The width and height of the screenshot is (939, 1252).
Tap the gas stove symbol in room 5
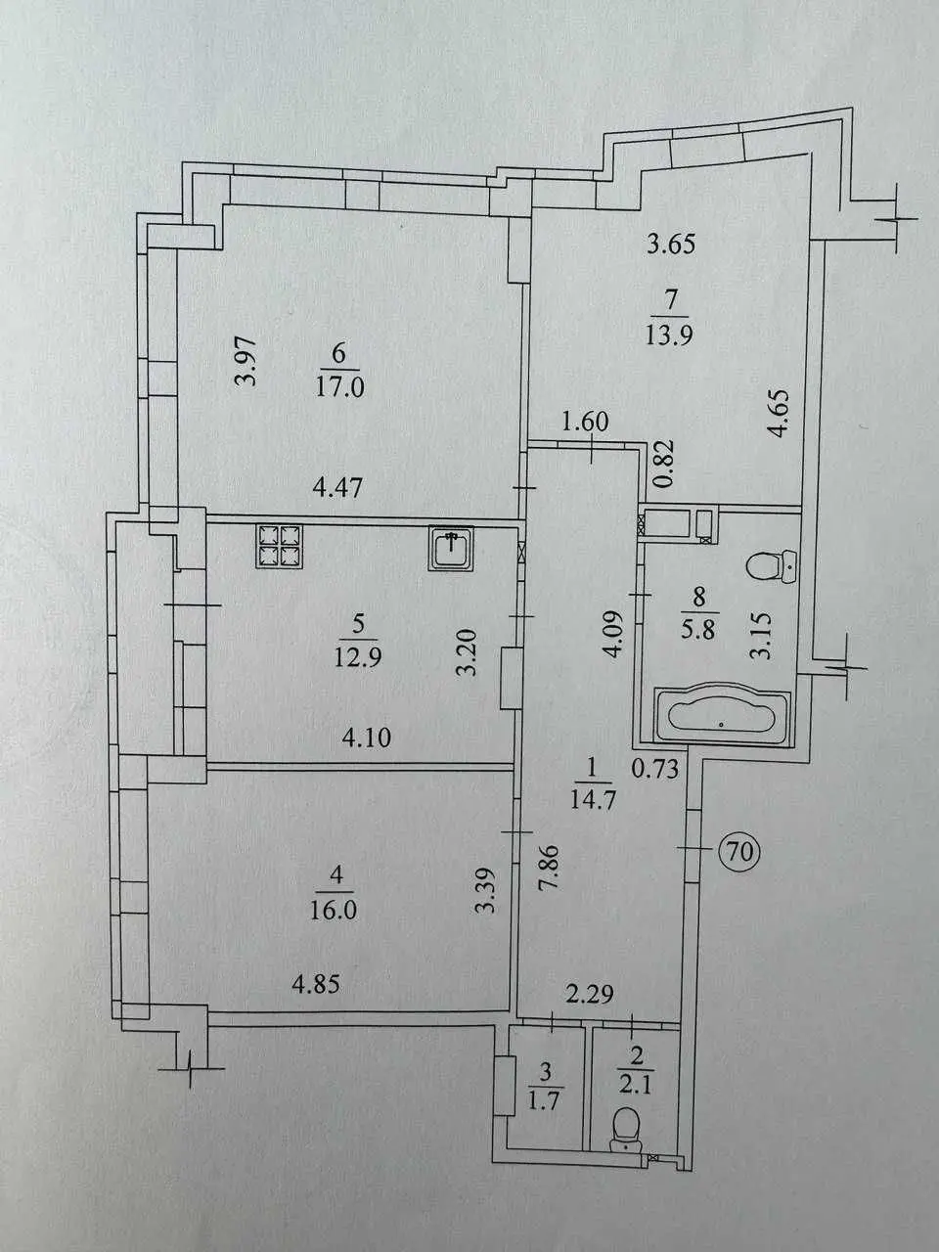(280, 546)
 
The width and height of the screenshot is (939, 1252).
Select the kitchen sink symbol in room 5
(452, 549)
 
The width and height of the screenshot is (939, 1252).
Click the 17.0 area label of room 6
(338, 388)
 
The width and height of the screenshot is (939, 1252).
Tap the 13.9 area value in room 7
(669, 335)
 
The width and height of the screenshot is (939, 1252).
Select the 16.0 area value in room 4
(334, 911)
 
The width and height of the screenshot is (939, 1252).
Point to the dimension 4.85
(316, 984)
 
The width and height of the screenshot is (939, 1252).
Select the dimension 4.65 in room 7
(780, 413)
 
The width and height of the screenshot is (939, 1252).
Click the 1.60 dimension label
(585, 423)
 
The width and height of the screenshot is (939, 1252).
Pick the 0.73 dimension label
(655, 770)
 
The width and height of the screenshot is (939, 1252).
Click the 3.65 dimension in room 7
(672, 245)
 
